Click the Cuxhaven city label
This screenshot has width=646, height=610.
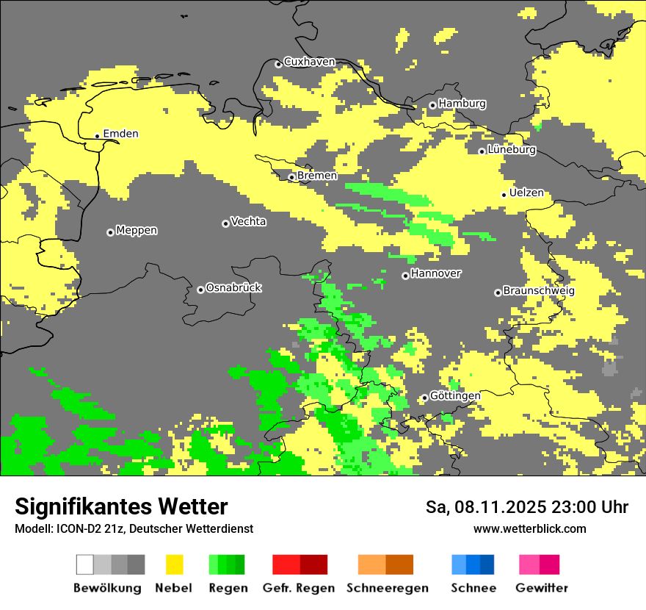pyautogui.click(x=309, y=62)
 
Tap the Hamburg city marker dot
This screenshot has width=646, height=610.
pyautogui.click(x=433, y=105)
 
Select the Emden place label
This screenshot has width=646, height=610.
pyautogui.click(x=120, y=134)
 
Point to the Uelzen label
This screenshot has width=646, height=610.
pyautogui.click(x=526, y=193)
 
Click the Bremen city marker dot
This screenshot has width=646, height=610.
pyautogui.click(x=291, y=177)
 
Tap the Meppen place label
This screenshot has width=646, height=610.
pyautogui.click(x=137, y=230)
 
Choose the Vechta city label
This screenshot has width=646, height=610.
pyautogui.click(x=248, y=221)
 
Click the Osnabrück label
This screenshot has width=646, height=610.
pyautogui.click(x=233, y=287)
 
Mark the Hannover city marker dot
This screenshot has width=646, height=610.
pyautogui.click(x=405, y=276)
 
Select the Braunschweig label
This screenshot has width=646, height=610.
pyautogui.click(x=539, y=290)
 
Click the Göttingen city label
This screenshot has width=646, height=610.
pyautogui.click(x=455, y=395)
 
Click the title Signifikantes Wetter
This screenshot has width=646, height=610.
pyautogui.click(x=121, y=506)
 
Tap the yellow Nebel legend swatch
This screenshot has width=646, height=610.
pyautogui.click(x=175, y=564)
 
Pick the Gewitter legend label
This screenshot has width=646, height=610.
pyautogui.click(x=541, y=588)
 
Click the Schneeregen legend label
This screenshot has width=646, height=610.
pyautogui.click(x=387, y=588)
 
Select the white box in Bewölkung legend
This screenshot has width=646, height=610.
pyautogui.click(x=84, y=564)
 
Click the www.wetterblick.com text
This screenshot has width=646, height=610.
pyautogui.click(x=529, y=528)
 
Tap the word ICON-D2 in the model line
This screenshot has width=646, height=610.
pyautogui.click(x=73, y=528)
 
